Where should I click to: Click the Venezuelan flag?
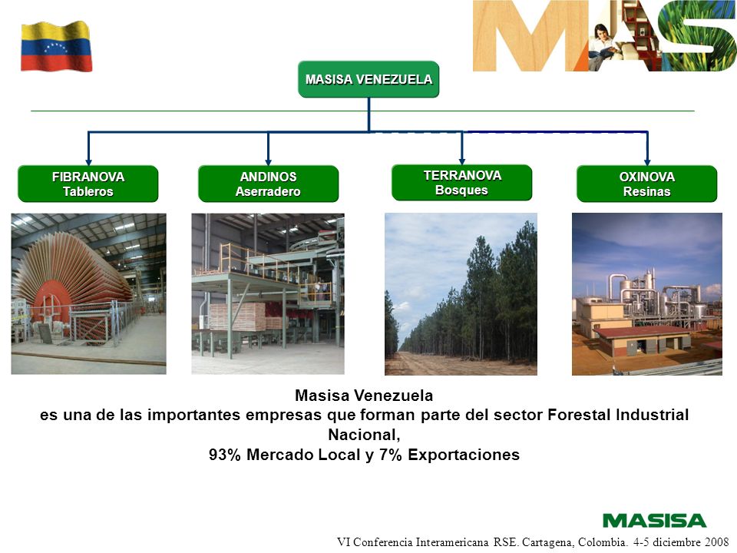click(x=56, y=46)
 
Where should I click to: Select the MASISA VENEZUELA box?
click(x=368, y=79)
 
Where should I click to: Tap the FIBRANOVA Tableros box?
click(x=88, y=184)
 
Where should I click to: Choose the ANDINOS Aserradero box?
click(x=269, y=184)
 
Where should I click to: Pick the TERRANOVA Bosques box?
click(x=462, y=183)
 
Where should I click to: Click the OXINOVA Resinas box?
click(x=646, y=184)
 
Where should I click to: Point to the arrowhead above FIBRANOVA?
click(x=88, y=162)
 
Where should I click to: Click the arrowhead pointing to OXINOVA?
click(x=647, y=162)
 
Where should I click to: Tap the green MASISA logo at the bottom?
click(x=654, y=521)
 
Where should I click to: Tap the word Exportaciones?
click(x=464, y=455)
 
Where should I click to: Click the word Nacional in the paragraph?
click(x=364, y=435)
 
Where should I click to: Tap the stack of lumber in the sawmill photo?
click(x=237, y=316)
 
